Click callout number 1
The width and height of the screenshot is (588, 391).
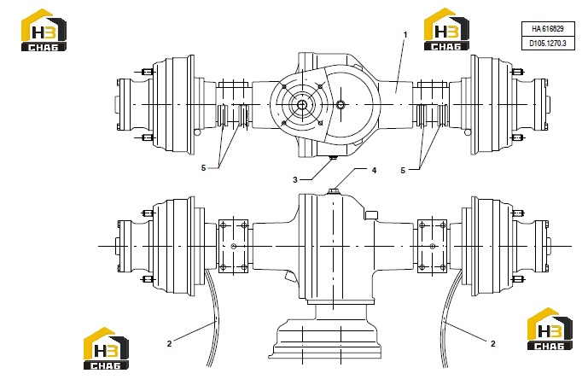(x=405, y=34)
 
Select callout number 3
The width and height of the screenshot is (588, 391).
(x=295, y=180)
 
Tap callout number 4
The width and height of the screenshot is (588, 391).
(x=374, y=171)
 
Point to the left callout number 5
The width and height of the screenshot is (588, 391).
(x=204, y=167)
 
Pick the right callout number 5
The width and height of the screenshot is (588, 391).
(x=403, y=171)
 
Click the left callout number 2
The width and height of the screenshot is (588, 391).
(x=169, y=343)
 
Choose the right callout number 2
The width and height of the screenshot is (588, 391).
(x=492, y=343)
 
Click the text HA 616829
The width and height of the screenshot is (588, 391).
(x=548, y=28)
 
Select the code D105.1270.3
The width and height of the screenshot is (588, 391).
(x=548, y=44)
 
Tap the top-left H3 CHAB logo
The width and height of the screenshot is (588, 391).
(x=44, y=30)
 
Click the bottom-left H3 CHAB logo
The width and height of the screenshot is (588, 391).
(x=106, y=348)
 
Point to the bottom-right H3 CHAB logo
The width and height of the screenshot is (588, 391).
(x=550, y=329)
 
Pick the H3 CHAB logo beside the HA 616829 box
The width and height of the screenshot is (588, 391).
(x=446, y=29)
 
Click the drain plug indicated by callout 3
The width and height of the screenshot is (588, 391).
(x=332, y=158)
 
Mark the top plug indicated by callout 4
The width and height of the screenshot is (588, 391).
(x=333, y=191)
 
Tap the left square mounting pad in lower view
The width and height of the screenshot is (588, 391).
(x=233, y=246)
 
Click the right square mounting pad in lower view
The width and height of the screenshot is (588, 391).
(x=432, y=246)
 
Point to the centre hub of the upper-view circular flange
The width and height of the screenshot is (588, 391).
(x=302, y=105)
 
